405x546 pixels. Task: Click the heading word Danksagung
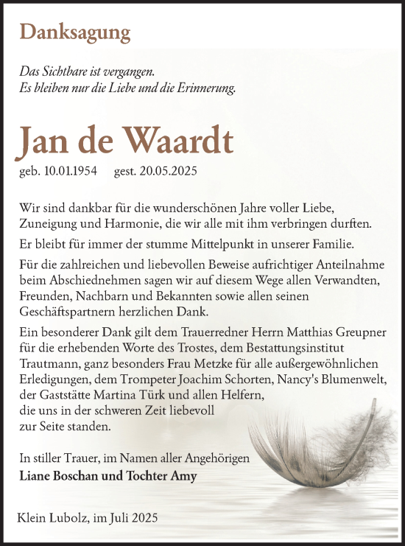76,32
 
